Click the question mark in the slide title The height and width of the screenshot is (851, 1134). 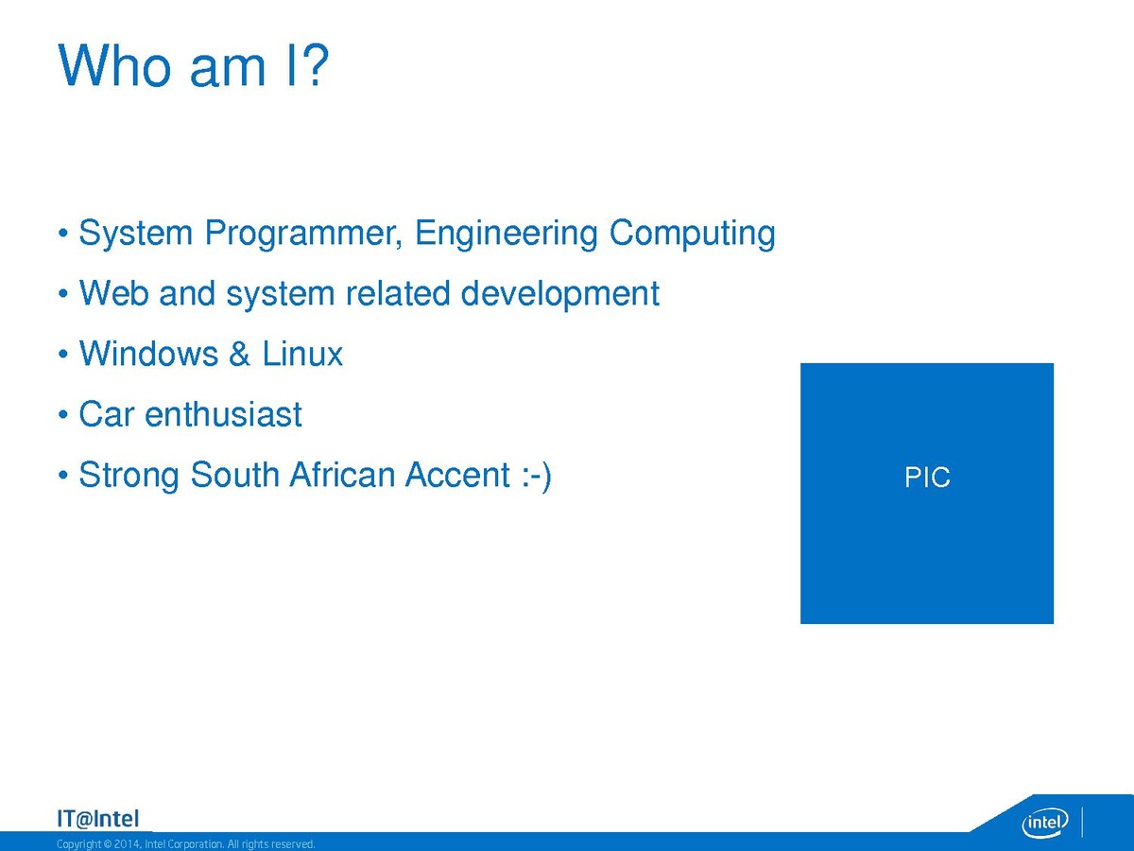[x=314, y=64]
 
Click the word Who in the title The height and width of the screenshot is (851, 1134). [x=114, y=65]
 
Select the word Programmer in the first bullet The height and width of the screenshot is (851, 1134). [x=303, y=234]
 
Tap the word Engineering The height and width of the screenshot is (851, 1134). [x=507, y=234]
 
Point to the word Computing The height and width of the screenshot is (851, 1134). [x=693, y=234]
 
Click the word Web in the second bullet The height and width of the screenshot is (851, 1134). [x=113, y=293]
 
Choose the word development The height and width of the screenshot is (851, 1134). [x=559, y=294]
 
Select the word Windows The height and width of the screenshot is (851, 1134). [x=148, y=354]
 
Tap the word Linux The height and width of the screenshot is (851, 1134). [x=302, y=354]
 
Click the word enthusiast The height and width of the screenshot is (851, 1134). [x=223, y=414]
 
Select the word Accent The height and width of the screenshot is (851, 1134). [x=457, y=475]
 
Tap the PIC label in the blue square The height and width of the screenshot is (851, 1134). [x=927, y=477]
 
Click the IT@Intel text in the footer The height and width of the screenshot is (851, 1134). [x=98, y=819]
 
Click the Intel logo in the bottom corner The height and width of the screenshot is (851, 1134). [x=1044, y=823]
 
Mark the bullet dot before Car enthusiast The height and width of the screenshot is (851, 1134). [x=63, y=414]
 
